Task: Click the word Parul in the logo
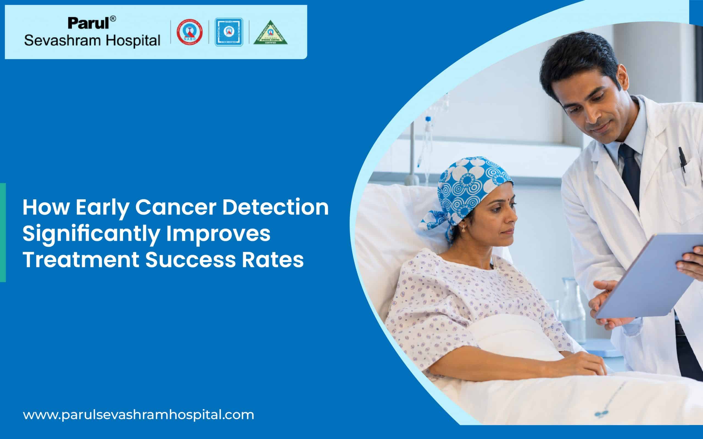coord(88,23)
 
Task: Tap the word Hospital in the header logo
coord(133,41)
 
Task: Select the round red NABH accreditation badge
coord(190,32)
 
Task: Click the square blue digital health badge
coord(229,32)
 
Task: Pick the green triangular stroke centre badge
coord(270,33)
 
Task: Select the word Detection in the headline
coord(275,207)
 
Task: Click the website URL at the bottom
coord(138,415)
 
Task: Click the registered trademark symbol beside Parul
coord(113,19)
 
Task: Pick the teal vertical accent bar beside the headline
coord(3,232)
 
